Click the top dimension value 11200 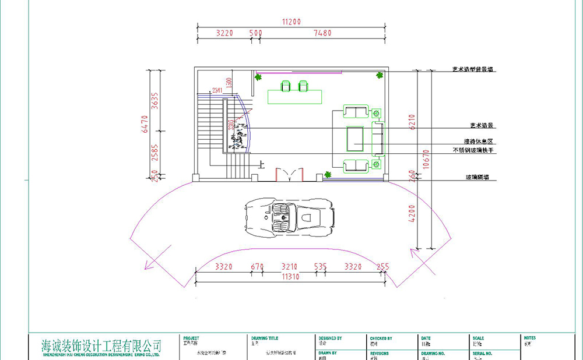pos(291,22)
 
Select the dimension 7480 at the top pos(322,33)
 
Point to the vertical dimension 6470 pos(145,123)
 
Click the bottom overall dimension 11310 pos(290,277)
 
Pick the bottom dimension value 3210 pos(290,267)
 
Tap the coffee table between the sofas pos(356,137)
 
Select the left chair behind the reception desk pos(286,86)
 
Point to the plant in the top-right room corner pos(380,75)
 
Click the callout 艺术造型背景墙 pos(473,69)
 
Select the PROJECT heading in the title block pos(191,338)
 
